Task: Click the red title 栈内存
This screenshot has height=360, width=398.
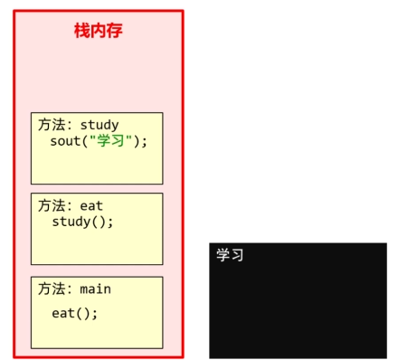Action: [x=98, y=30]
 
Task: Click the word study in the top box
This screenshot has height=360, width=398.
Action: [x=99, y=125]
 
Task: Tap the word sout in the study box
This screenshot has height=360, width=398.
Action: [x=67, y=141]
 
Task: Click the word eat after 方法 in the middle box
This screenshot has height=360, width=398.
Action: [x=91, y=205]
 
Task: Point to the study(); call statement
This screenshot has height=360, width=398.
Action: [x=83, y=222]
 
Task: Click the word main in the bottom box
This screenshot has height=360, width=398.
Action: [x=96, y=289]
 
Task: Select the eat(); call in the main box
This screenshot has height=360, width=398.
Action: [x=74, y=314]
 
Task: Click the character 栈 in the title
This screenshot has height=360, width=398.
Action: [x=81, y=30]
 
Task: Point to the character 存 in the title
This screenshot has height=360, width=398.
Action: [x=114, y=30]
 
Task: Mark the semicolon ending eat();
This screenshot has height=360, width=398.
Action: [x=95, y=314]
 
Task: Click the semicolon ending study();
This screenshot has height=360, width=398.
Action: [x=111, y=222]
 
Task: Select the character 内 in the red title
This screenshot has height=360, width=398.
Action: [x=98, y=30]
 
